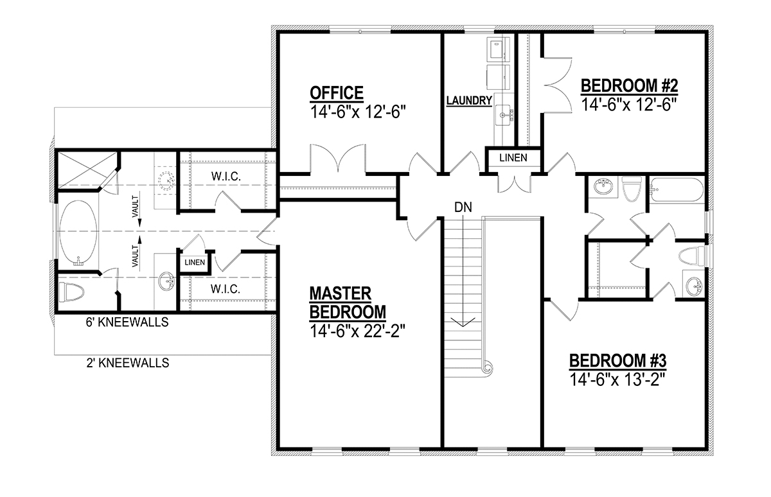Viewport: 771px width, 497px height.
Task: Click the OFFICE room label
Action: tap(336, 93)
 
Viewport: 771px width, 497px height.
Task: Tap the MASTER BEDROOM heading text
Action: tap(348, 302)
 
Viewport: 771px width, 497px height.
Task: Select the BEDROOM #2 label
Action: tap(630, 85)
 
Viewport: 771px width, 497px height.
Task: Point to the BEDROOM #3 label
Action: tap(618, 361)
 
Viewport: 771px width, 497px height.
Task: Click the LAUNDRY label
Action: tap(469, 100)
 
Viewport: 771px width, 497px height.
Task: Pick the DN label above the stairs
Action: tap(463, 207)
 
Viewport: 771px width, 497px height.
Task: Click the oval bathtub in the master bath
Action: tap(78, 232)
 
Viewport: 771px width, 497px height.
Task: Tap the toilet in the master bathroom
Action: tap(71, 292)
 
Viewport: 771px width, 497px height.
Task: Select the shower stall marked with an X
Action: tap(87, 170)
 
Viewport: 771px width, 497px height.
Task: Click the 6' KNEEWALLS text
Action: tap(127, 322)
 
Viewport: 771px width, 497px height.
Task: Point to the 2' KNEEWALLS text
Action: tap(128, 363)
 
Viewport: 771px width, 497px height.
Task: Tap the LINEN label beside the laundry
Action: tap(513, 158)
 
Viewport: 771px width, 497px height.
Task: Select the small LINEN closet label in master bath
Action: tap(195, 263)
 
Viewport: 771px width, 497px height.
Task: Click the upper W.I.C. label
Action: tap(226, 177)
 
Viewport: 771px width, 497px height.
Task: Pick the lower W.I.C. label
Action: tap(226, 289)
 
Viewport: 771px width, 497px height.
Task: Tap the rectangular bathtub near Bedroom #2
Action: tap(677, 189)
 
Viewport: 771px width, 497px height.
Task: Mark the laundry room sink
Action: tap(502, 115)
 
